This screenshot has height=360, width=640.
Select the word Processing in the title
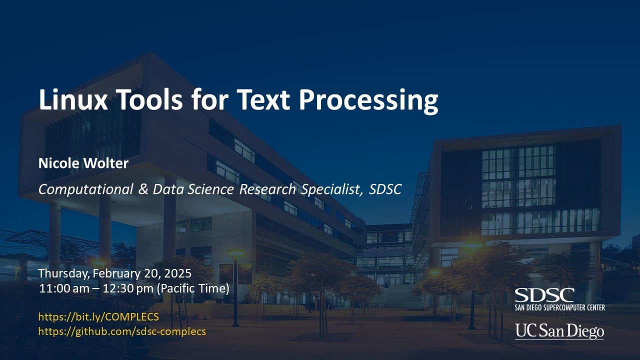[x=368, y=100]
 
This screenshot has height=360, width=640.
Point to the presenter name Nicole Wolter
[x=83, y=163]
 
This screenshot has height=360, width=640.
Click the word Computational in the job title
[x=85, y=189]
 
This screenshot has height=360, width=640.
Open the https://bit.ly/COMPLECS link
[x=98, y=316]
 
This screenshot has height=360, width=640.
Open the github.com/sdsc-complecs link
[x=122, y=331]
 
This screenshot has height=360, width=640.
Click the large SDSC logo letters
[x=544, y=294]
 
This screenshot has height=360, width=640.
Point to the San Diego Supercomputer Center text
[x=559, y=307]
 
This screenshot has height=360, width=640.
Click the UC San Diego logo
[x=559, y=331]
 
